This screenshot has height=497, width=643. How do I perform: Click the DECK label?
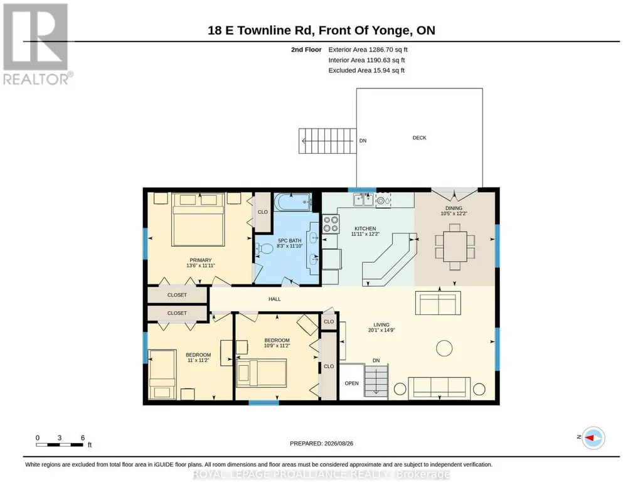pos(419,138)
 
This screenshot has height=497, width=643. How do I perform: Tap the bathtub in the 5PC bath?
pos(293,202)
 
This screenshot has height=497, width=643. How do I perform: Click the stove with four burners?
pos(331,224)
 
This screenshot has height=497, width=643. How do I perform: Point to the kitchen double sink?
pos(363,200)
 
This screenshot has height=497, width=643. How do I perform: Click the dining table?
pos(455,247)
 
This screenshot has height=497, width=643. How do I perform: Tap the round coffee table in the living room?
pos(444,348)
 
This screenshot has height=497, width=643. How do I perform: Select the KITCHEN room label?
pos(365,229)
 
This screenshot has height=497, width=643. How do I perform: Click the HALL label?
pos(274,299)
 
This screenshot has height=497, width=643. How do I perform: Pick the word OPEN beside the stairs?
pos(351,383)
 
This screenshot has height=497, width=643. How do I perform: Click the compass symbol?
pos(593,438)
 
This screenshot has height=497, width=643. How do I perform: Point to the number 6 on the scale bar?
pos(83,438)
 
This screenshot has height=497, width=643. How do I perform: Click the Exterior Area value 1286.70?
pos(381,50)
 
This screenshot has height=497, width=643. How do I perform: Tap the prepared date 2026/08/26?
pos(338,443)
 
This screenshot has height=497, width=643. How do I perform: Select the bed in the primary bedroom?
pos(198,220)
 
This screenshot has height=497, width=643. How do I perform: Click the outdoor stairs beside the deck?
pos(327,141)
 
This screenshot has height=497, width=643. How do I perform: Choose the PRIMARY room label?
pos(201,260)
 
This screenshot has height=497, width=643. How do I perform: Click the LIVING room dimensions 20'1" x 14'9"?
pos(381,330)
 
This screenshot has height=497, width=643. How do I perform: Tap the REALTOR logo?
pos(37,44)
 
